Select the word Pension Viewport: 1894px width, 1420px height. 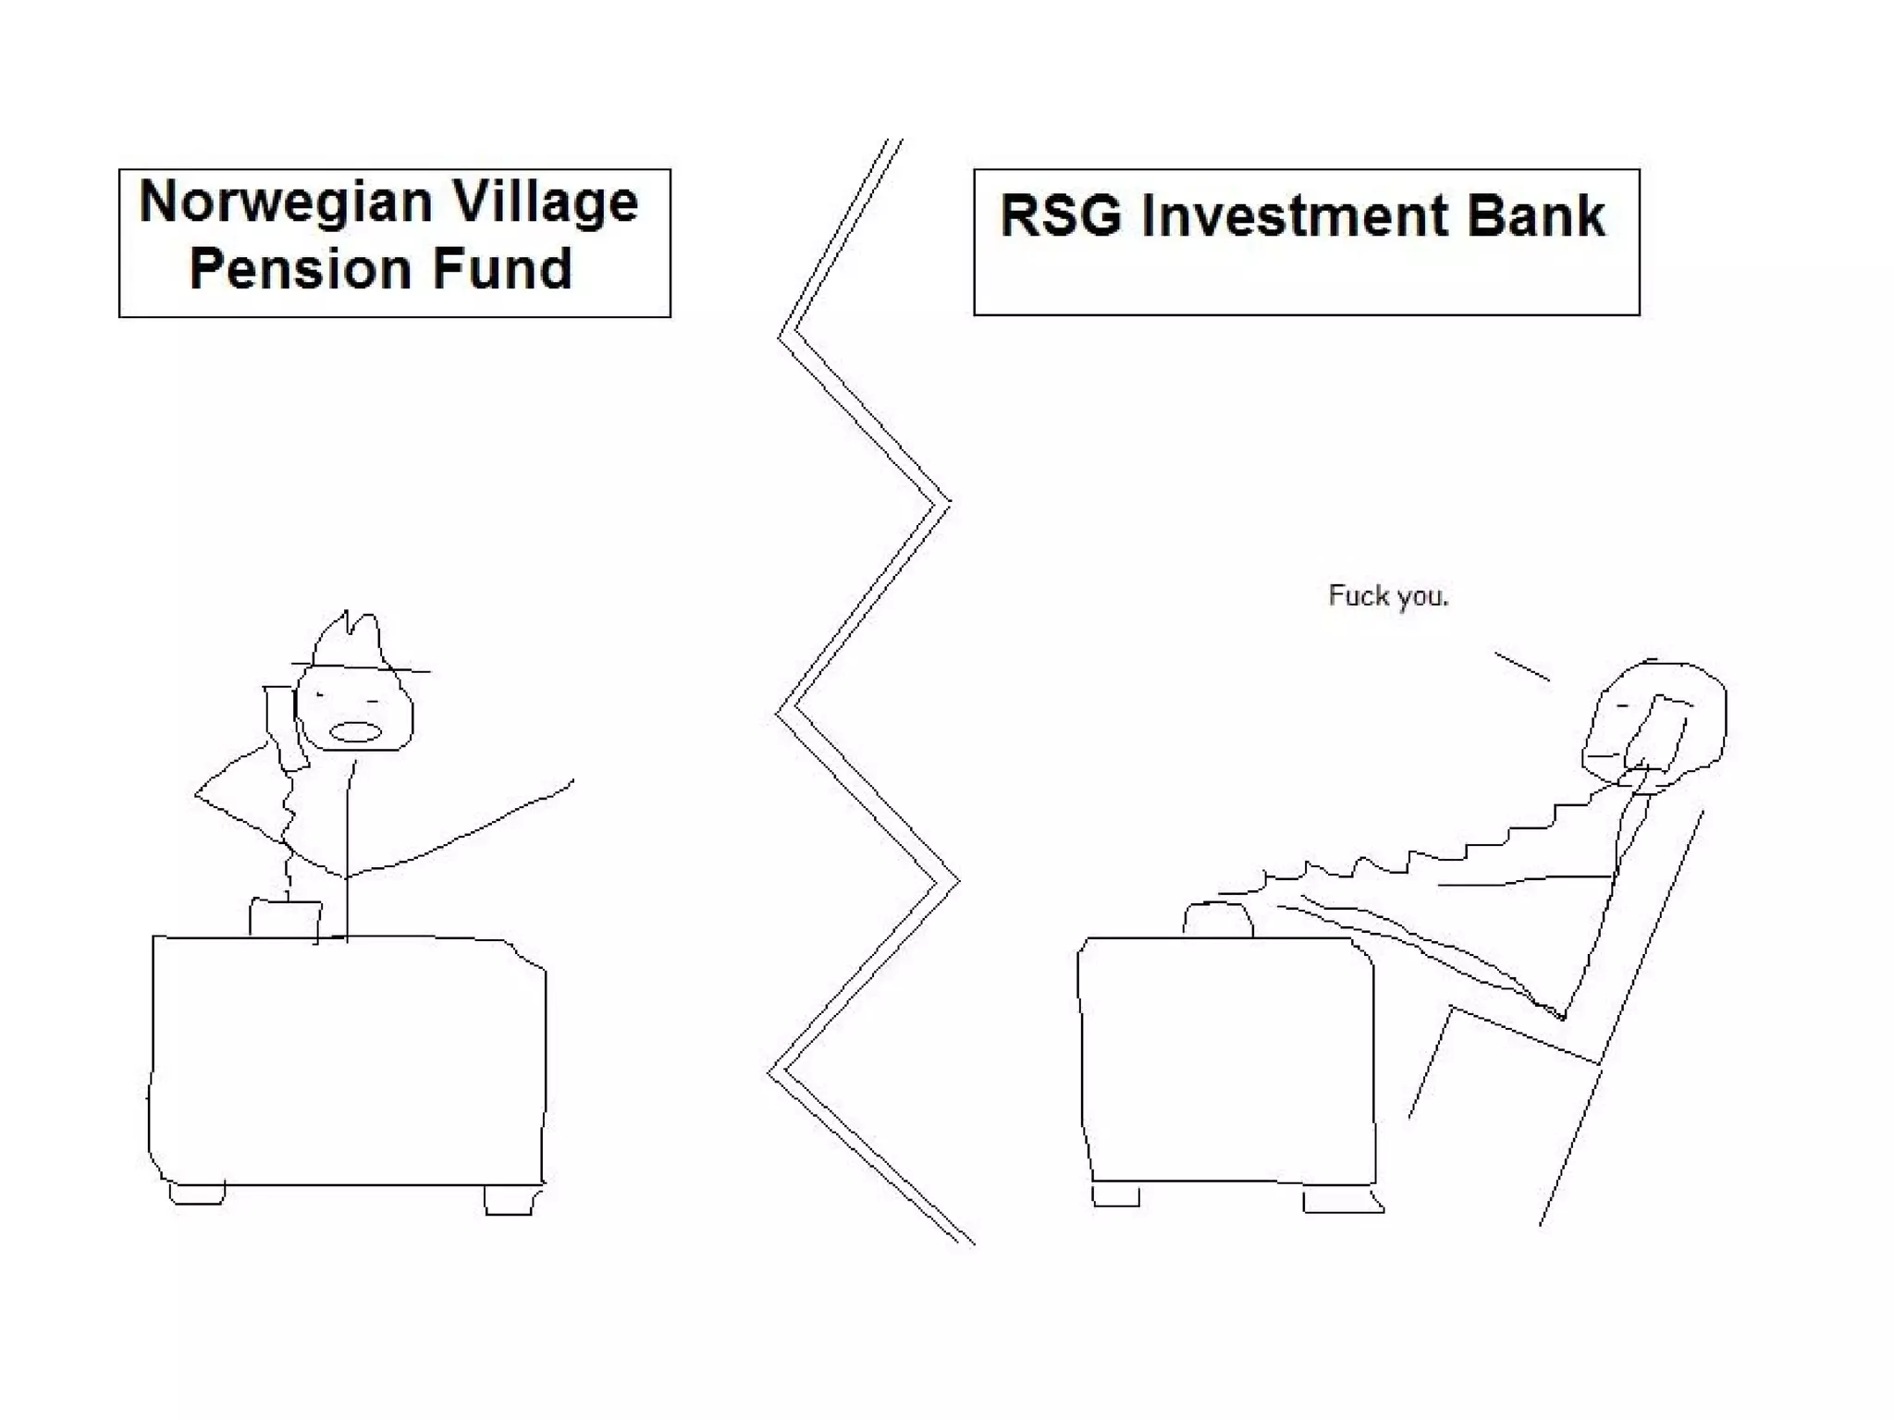coord(301,269)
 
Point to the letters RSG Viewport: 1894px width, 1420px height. coord(1061,216)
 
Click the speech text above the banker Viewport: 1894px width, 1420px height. coord(1388,596)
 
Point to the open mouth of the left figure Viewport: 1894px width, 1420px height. coord(356,732)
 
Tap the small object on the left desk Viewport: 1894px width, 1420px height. coord(286,918)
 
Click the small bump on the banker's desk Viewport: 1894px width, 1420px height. coord(1218,920)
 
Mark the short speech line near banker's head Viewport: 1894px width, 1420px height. coord(1522,667)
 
